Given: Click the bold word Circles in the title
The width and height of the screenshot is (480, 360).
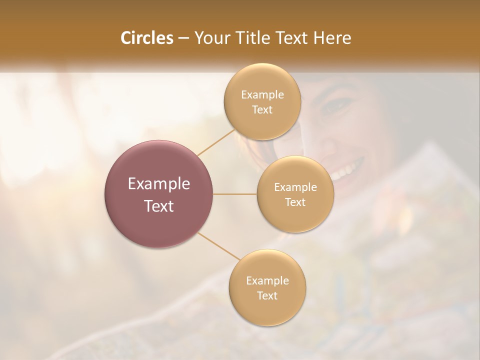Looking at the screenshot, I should pyautogui.click(x=147, y=38).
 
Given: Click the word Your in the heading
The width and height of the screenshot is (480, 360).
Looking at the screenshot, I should pyautogui.click(x=211, y=38).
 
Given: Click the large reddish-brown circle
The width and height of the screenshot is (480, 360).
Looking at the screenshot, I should pyautogui.click(x=159, y=194).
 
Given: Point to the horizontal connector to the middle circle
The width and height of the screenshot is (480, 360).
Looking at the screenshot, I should pyautogui.click(x=235, y=194).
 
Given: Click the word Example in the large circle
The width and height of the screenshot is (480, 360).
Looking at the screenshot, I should pyautogui.click(x=159, y=184).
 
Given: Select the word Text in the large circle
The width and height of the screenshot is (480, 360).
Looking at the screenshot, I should pyautogui.click(x=159, y=206).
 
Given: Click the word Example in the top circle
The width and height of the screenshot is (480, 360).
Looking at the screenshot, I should pyautogui.click(x=262, y=94).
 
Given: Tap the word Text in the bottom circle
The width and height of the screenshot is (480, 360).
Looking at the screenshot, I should pyautogui.click(x=267, y=295).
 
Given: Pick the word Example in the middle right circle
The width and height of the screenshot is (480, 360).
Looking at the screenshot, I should pyautogui.click(x=295, y=187).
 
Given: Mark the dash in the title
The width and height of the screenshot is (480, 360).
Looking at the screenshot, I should pyautogui.click(x=183, y=38).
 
